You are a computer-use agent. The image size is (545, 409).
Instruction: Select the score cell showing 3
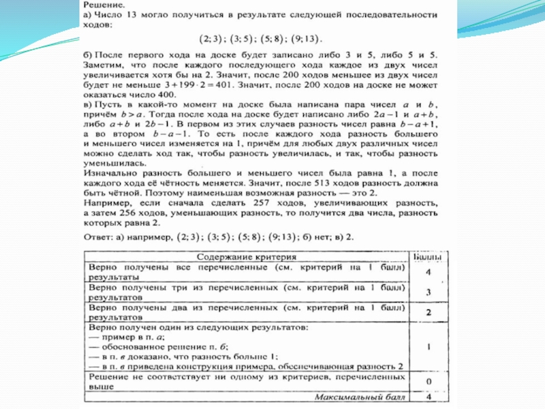[428, 292]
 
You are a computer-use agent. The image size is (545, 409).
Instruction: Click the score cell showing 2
[428, 312]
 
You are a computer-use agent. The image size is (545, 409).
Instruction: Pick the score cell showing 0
[428, 381]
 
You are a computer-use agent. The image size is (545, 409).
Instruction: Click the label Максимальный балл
[359, 396]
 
